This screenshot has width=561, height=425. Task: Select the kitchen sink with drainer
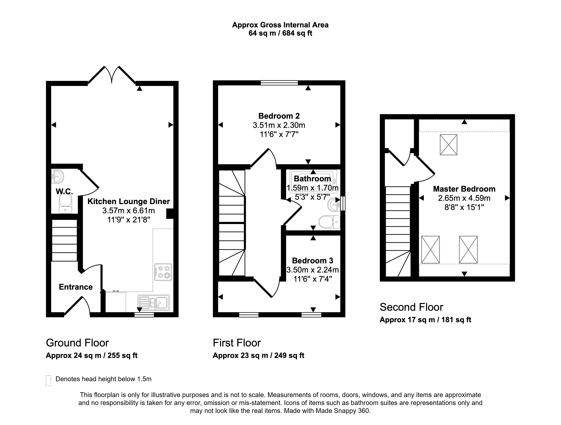click(154, 303)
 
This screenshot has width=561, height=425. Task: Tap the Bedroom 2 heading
click(279, 116)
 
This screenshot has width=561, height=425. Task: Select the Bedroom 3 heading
click(313, 261)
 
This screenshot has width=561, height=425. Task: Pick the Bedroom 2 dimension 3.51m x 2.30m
click(279, 125)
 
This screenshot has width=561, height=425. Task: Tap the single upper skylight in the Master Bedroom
click(448, 145)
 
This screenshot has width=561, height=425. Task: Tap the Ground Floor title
click(77, 343)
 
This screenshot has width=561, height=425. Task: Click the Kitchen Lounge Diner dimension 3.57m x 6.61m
click(129, 211)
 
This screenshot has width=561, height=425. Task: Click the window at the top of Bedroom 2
click(279, 82)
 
